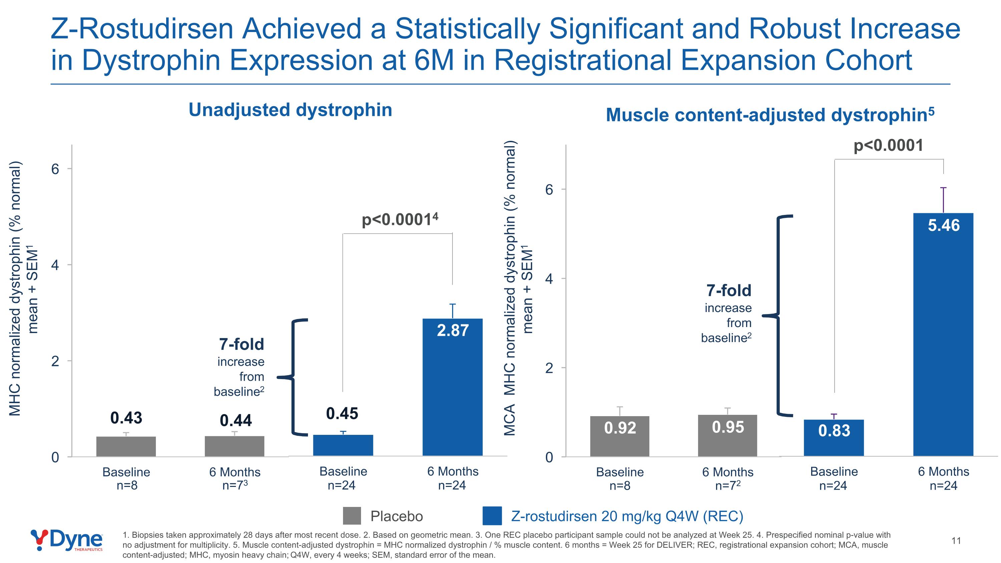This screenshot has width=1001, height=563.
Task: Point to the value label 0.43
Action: (126, 418)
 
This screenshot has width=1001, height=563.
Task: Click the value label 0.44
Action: (236, 420)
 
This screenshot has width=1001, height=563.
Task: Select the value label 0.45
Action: (342, 413)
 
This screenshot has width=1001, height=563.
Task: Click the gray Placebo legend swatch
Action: (352, 516)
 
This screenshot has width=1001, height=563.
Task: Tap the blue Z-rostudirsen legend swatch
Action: (491, 516)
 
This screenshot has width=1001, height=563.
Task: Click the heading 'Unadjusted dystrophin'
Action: (290, 110)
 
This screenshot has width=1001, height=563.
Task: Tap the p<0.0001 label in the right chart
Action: (888, 146)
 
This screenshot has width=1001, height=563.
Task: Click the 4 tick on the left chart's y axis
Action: (55, 265)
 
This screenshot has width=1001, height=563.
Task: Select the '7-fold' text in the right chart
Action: (729, 291)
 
